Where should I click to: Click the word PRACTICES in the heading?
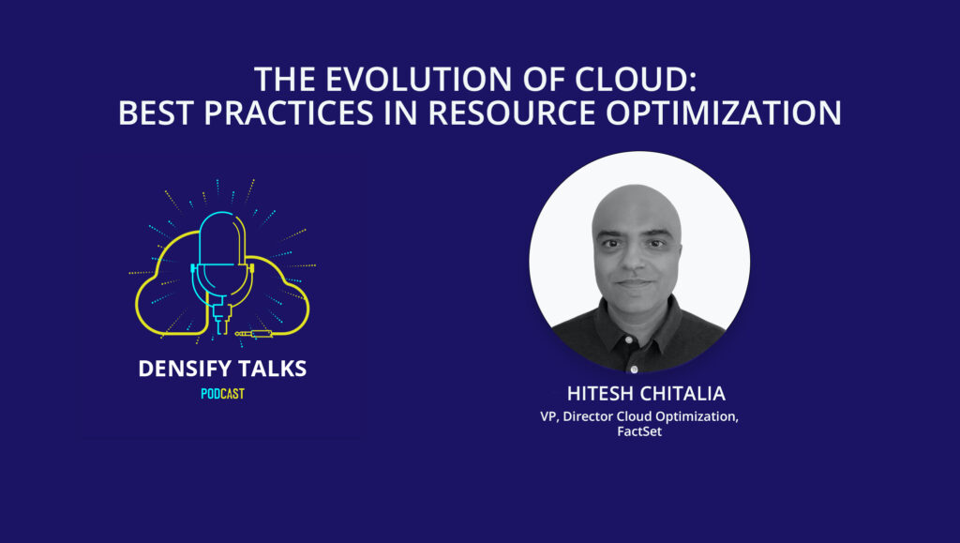click(x=289, y=113)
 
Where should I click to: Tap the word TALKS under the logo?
click(x=272, y=369)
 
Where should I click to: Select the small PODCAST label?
click(x=223, y=394)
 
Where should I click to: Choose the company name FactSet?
click(x=639, y=431)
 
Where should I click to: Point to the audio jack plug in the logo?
click(x=255, y=334)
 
